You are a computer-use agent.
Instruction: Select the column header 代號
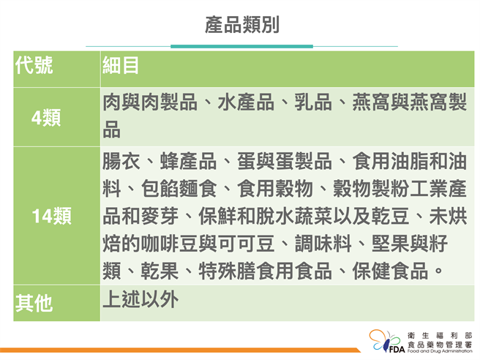pyautogui.click(x=34, y=66)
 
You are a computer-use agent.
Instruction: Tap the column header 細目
pyautogui.click(x=121, y=66)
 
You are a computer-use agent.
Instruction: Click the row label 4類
pyautogui.click(x=45, y=117)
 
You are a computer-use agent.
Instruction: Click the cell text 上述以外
pyautogui.click(x=140, y=299)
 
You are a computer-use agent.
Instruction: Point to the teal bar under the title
pyautogui.click(x=242, y=46)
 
